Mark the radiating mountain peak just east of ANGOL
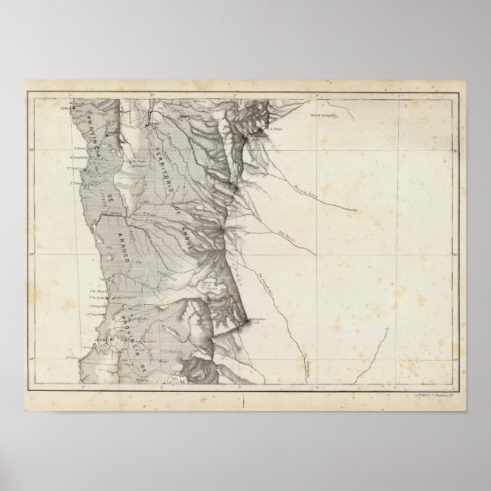point(222,228)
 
